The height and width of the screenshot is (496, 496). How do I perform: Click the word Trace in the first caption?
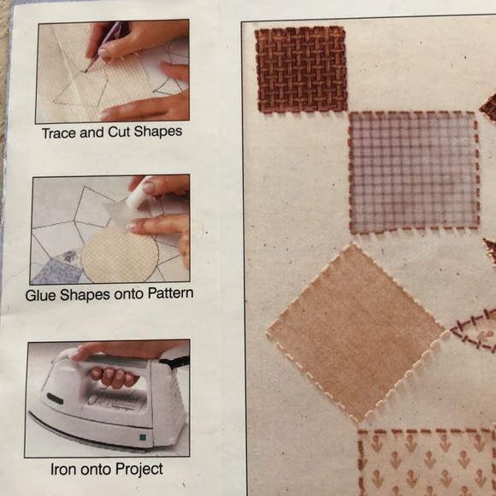58,133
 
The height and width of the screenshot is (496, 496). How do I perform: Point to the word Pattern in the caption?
169,293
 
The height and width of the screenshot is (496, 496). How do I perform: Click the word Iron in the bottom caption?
65,469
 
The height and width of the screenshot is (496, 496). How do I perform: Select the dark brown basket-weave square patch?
300,68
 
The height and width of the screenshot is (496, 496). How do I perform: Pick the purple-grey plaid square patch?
412,171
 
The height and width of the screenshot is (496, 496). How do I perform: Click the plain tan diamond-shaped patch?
357,329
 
